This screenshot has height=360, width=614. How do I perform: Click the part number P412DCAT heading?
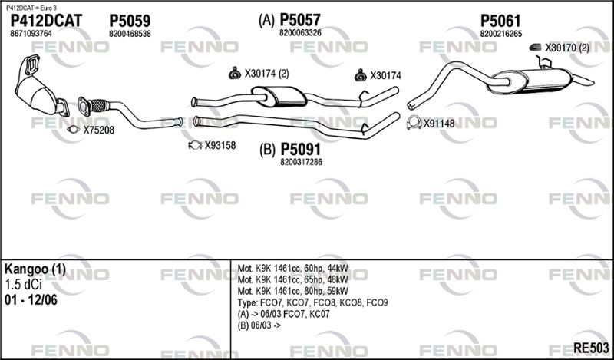(46, 21)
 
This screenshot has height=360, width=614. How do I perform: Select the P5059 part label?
(130, 21)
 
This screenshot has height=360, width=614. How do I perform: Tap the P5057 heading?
(300, 20)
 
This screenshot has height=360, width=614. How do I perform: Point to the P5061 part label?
(500, 21)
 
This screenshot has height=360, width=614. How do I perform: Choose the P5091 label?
(300, 149)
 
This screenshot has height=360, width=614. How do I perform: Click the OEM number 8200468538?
(130, 34)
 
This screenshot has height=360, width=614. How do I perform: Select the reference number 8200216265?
(501, 34)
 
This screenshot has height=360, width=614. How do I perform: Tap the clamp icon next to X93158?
(195, 145)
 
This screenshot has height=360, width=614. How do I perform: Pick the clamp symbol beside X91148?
(414, 123)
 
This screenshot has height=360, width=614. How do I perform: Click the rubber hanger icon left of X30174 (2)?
(235, 73)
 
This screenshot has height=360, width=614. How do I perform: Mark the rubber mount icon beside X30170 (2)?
(535, 48)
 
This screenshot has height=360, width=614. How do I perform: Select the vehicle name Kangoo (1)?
(35, 269)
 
